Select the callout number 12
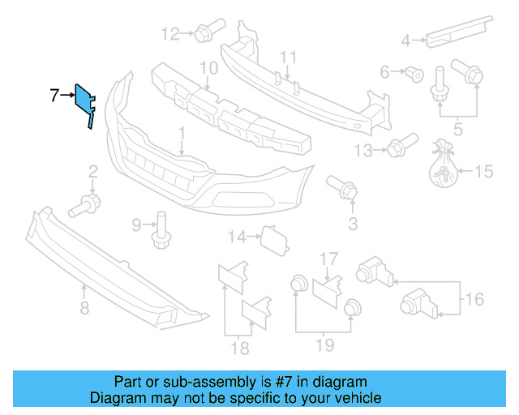(170, 33)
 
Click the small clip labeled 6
(415, 74)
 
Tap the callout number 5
(458, 126)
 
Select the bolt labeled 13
(395, 149)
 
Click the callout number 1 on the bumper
(182, 132)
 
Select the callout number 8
(84, 307)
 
